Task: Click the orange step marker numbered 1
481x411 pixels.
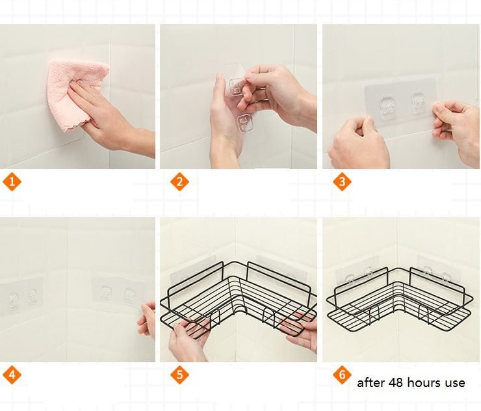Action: tap(12, 181)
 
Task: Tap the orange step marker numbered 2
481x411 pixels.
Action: tap(180, 181)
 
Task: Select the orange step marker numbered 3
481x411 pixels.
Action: tap(343, 181)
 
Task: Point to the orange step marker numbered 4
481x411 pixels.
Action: tap(12, 375)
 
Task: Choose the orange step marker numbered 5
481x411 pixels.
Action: tap(180, 375)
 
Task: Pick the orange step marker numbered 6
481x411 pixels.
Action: tap(343, 375)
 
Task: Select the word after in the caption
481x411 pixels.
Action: tap(370, 383)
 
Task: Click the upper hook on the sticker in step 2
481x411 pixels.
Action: tap(235, 86)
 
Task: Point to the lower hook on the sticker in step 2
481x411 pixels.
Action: tap(245, 121)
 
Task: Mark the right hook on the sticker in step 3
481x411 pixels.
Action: tap(419, 103)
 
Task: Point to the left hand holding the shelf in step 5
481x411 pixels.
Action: tap(188, 338)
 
